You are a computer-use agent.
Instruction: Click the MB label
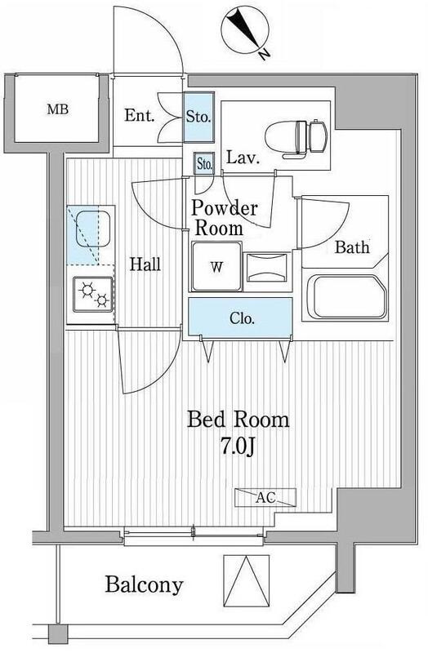[x=57, y=109]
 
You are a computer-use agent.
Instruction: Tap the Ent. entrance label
[x=139, y=115]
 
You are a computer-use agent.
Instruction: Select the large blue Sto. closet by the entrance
[x=198, y=117]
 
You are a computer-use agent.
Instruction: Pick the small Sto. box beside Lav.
[x=204, y=163]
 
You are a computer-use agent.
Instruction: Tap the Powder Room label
[x=225, y=218]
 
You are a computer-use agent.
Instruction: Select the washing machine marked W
[x=216, y=266]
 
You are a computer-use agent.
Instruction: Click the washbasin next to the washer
[x=267, y=268]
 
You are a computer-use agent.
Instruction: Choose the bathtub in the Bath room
[x=345, y=297]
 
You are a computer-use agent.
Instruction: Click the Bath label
[x=352, y=247]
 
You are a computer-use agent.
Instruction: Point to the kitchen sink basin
[x=93, y=229]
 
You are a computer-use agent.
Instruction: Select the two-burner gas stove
[x=93, y=294]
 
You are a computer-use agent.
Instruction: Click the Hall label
[x=145, y=264]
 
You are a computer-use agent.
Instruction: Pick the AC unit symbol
[x=265, y=497]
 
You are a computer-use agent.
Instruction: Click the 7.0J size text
[x=237, y=446]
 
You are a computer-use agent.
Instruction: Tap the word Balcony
[x=144, y=584]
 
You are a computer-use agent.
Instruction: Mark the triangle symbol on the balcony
[x=247, y=582]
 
